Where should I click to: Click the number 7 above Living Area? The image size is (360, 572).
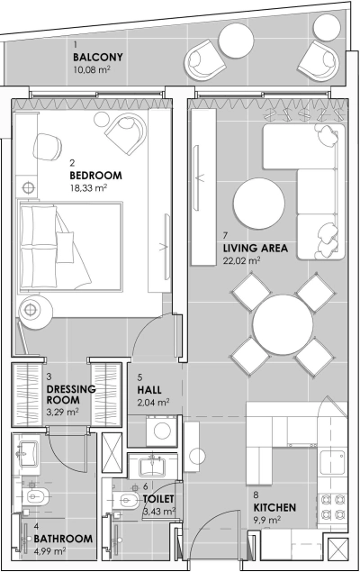225,236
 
